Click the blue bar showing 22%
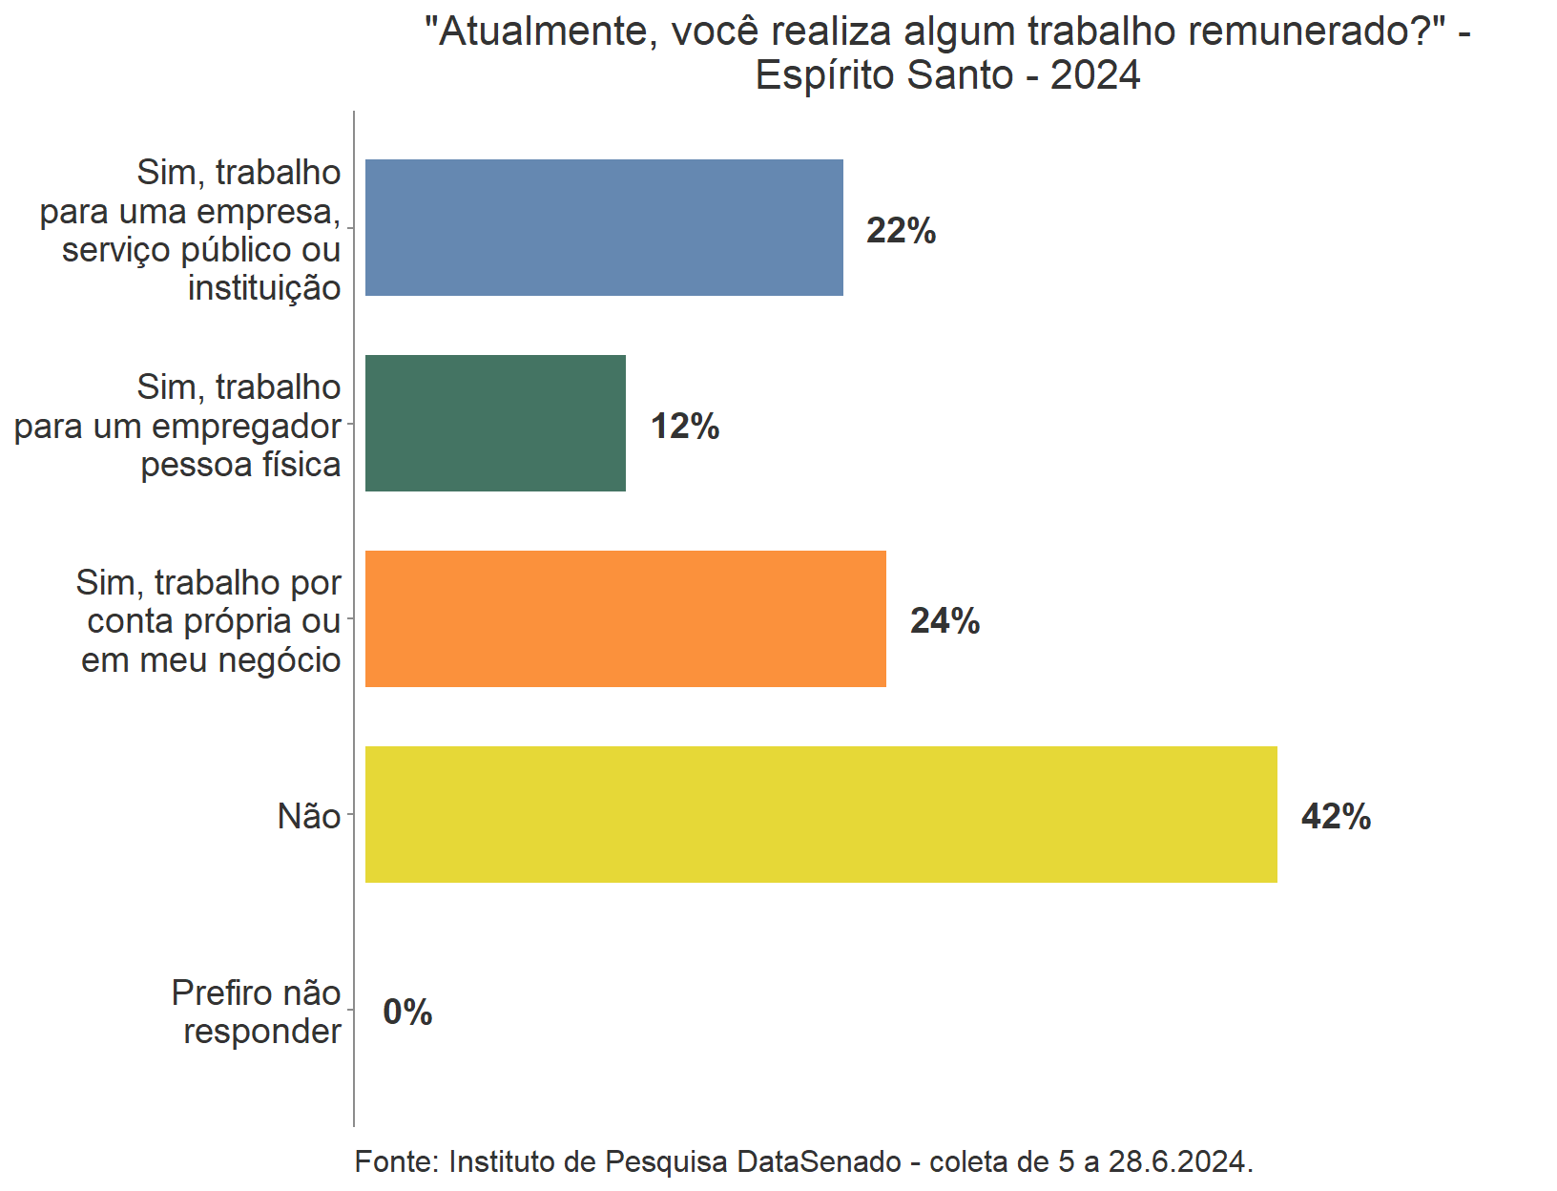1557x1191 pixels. coord(604,228)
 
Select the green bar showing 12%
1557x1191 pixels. coord(495,424)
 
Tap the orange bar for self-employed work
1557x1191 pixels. coord(626,619)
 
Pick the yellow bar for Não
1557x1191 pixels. coord(820,815)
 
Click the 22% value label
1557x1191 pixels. coord(901,231)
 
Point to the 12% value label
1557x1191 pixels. coord(685,427)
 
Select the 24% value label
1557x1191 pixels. coord(945,621)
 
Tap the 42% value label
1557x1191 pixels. coord(1336,817)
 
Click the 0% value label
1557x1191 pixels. coord(407,1013)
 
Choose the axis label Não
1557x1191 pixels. coord(309,817)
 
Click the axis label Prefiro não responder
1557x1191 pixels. coord(257,1013)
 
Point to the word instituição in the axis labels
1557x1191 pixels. coord(264,288)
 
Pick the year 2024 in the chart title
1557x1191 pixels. coord(1095,75)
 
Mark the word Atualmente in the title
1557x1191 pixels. coord(542,32)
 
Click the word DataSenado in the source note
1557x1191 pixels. coord(820,1161)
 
